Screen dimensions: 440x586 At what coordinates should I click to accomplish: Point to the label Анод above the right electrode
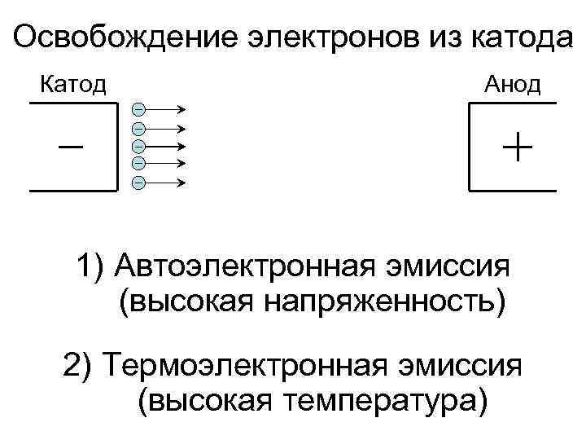(513, 84)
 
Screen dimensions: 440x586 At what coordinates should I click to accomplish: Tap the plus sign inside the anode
(518, 147)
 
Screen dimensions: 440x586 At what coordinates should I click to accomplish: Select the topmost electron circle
(139, 109)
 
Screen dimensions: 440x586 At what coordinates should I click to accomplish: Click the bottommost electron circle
(139, 181)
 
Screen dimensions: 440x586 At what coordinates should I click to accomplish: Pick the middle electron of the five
(139, 145)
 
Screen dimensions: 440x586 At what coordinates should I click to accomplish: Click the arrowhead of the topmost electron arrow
(184, 109)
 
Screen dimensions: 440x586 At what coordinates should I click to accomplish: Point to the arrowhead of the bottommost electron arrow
(184, 181)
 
